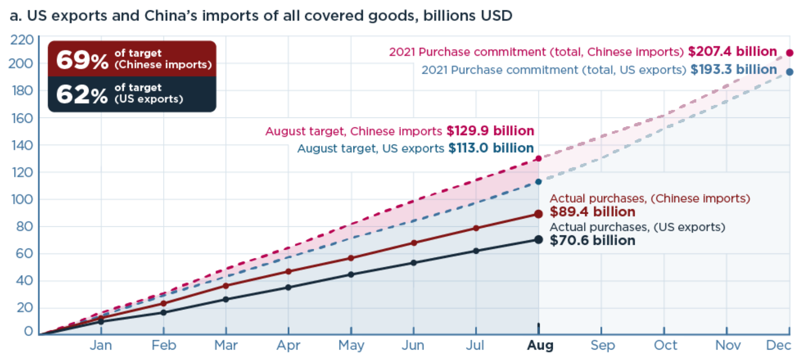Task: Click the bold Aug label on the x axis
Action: click(x=540, y=346)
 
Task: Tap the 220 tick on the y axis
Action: click(x=22, y=40)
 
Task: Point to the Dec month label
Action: click(x=778, y=346)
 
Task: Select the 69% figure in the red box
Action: click(x=82, y=60)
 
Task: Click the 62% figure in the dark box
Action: click(x=82, y=94)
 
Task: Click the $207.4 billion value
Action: click(x=732, y=51)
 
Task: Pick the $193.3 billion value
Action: click(x=734, y=70)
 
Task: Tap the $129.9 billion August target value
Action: click(x=490, y=131)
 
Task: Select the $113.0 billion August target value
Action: click(x=491, y=148)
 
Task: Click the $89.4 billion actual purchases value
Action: click(x=592, y=212)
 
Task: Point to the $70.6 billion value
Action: click(x=592, y=240)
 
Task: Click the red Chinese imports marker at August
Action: click(x=538, y=214)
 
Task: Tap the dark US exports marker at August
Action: click(x=538, y=239)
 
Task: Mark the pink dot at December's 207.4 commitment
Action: click(x=790, y=53)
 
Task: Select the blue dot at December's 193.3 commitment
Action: click(x=790, y=72)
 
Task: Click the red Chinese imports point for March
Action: click(x=226, y=286)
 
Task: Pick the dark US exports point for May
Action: click(x=351, y=275)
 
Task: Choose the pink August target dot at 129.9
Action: click(x=538, y=159)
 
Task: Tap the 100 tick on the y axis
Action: click(x=22, y=199)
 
